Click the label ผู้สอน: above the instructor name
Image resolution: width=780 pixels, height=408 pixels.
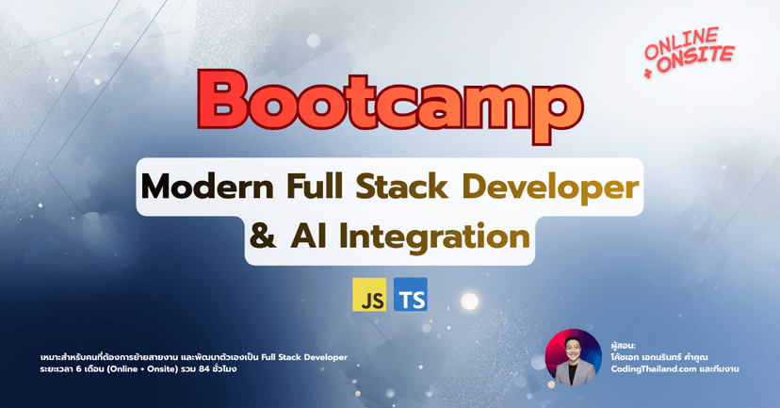point(625,344)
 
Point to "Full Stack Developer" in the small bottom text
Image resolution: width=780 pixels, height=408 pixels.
point(299,355)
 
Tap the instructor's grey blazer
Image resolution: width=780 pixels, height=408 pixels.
point(573,373)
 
